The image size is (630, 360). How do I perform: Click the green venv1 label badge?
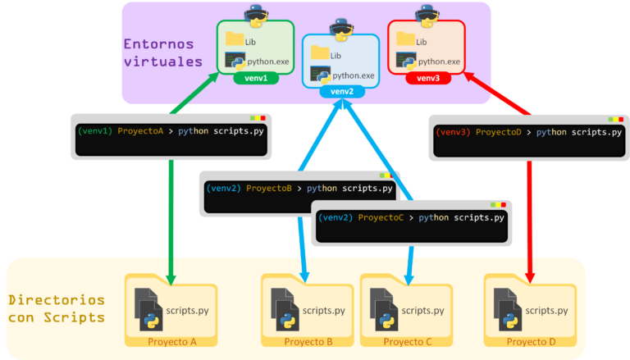pyautogui.click(x=256, y=78)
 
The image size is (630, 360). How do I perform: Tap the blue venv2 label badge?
pyautogui.click(x=341, y=91)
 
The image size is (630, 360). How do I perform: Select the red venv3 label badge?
pyautogui.click(x=427, y=78)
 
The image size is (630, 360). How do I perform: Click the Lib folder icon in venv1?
pyautogui.click(x=235, y=39)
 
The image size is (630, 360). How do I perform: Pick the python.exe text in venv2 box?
pyautogui.click(x=354, y=75)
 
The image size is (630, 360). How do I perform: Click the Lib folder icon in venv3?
pyautogui.click(x=405, y=39)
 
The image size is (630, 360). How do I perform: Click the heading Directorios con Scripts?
pyautogui.click(x=57, y=308)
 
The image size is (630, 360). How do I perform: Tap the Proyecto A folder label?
pyautogui.click(x=171, y=341)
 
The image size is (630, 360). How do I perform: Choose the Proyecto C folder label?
pyautogui.click(x=408, y=341)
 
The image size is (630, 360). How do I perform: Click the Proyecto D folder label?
pyautogui.click(x=531, y=341)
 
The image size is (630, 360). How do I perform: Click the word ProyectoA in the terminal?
pyautogui.click(x=140, y=130)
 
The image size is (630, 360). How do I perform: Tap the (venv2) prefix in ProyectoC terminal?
pyautogui.click(x=335, y=217)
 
